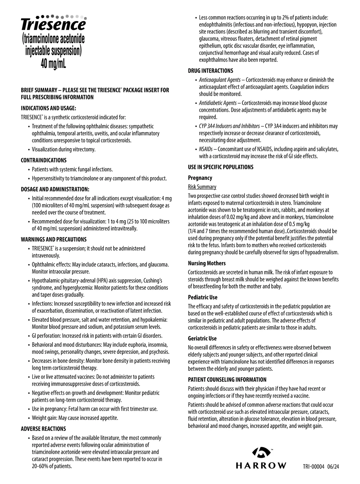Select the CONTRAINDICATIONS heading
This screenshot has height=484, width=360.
click(x=43, y=160)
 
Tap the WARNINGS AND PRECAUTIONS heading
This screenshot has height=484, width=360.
click(x=53, y=239)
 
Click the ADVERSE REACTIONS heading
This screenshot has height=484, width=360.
click(x=43, y=429)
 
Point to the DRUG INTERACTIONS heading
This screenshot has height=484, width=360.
click(x=210, y=71)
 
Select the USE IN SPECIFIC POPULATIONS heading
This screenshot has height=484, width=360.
click(x=220, y=167)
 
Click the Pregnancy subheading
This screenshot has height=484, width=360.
click(x=200, y=178)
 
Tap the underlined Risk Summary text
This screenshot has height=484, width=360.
click(x=202, y=187)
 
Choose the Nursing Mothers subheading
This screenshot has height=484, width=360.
click(x=207, y=263)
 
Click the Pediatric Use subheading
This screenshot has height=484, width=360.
click(x=202, y=297)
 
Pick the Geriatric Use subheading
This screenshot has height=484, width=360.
click(x=202, y=338)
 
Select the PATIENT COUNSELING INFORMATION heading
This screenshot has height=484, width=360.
click(x=227, y=380)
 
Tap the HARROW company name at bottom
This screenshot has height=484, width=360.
click(x=261, y=465)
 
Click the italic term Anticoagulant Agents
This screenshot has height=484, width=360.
click(x=220, y=80)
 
